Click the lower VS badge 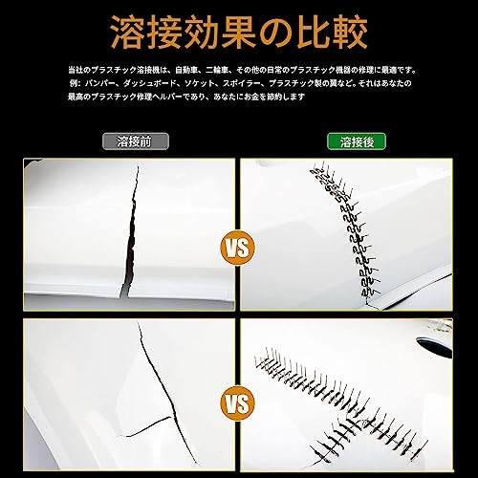(238, 396)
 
